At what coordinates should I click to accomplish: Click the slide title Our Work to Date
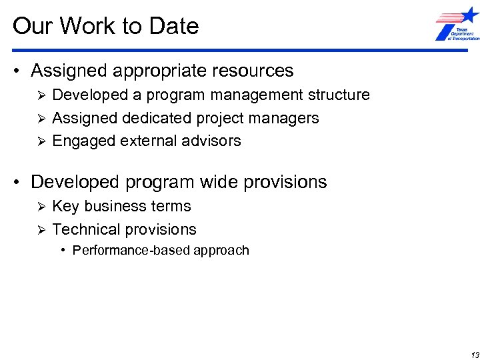(105, 26)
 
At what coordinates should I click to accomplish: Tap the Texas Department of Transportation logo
(457, 25)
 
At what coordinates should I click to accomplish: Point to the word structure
(339, 95)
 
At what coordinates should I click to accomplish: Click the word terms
(172, 207)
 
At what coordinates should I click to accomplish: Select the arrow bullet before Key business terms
(41, 207)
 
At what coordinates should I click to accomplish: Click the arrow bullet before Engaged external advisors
(41, 141)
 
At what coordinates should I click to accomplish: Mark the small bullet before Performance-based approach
(63, 251)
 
